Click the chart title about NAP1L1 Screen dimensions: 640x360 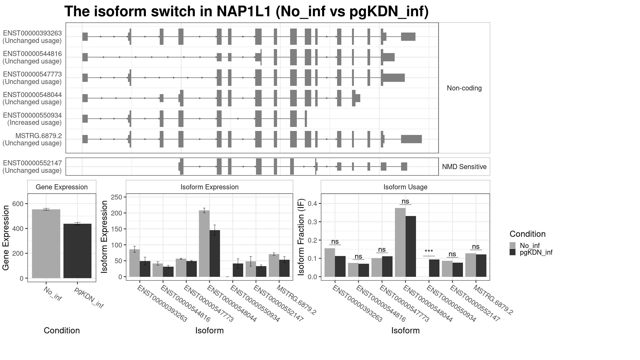[x=246, y=11]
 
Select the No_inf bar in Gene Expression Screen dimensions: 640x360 [x=46, y=244]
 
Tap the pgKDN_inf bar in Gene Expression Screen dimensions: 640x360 [x=77, y=251]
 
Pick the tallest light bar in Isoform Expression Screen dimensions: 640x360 [x=204, y=243]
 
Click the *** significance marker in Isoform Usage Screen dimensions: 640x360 [x=429, y=251]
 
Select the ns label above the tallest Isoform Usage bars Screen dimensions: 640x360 [x=405, y=201]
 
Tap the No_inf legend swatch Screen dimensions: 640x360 [x=513, y=245]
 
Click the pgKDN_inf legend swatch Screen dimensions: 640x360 [x=513, y=252]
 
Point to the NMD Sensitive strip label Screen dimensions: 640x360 [x=464, y=167]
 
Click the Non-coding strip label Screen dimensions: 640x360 [x=464, y=88]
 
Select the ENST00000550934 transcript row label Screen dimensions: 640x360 [x=32, y=119]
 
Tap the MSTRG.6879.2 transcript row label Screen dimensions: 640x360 [x=32, y=139]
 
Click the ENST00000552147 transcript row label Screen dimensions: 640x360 [x=32, y=167]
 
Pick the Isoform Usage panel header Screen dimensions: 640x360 [x=405, y=187]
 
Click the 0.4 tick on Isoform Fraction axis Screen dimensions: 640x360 [x=313, y=203]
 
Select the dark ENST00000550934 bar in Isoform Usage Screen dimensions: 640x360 [x=434, y=268]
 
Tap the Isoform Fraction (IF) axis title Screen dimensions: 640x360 [x=301, y=237]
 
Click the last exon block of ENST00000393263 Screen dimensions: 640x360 [x=408, y=37]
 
